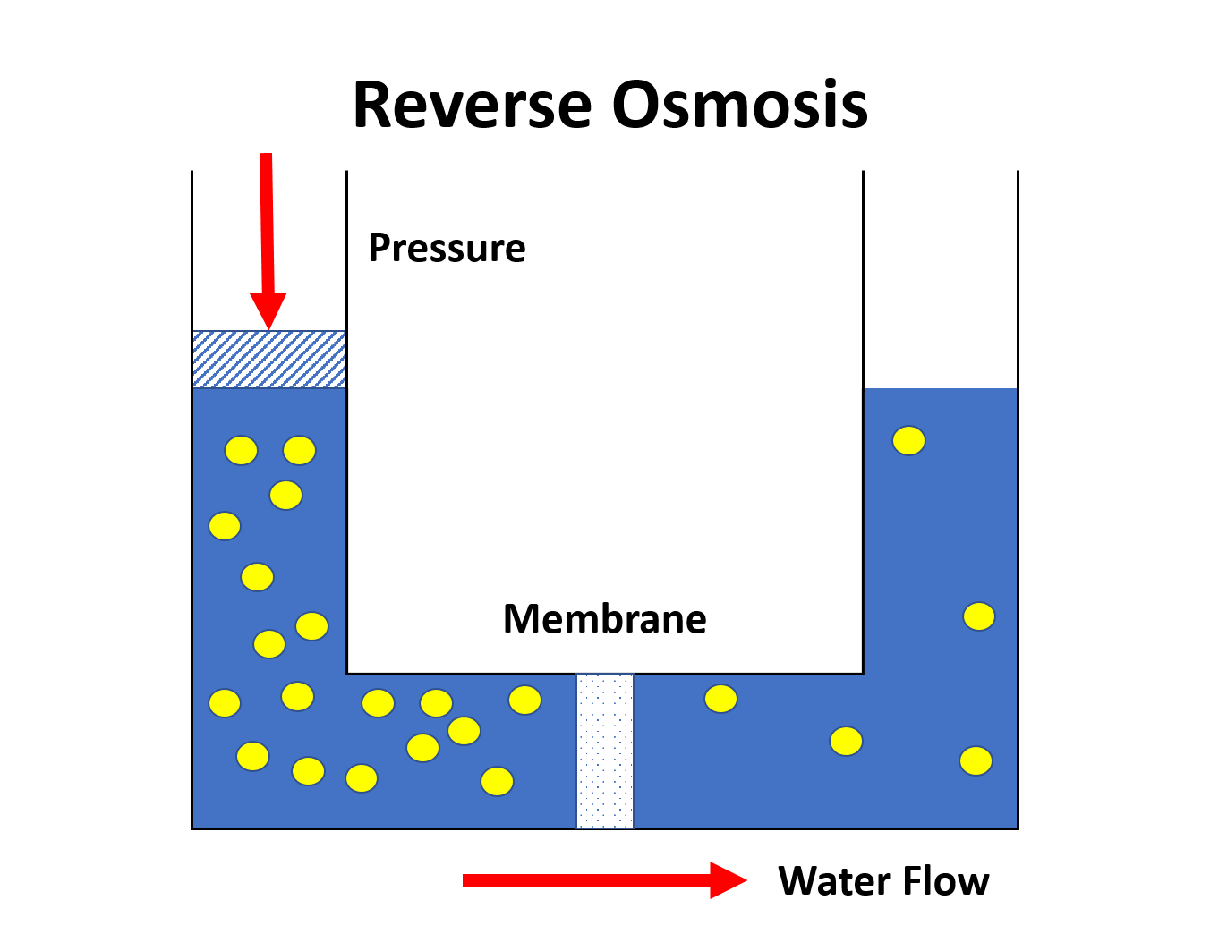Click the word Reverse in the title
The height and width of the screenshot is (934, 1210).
[473, 105]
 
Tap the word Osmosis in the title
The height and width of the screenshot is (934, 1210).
[740, 105]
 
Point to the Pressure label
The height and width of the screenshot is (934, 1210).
[447, 248]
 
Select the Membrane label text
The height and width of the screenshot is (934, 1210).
[605, 619]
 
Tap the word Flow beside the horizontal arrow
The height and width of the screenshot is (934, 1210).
[946, 881]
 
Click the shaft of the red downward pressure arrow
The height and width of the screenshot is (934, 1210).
[268, 223]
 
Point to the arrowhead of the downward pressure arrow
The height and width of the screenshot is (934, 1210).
[268, 310]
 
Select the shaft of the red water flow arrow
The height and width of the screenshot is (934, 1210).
[586, 880]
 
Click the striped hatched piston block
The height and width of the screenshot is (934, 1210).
[269, 360]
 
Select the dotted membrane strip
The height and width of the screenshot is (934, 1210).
[605, 751]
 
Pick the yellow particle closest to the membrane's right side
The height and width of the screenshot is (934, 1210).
[721, 699]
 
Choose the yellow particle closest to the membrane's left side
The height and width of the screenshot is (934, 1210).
[525, 700]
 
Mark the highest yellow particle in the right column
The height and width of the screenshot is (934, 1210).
[908, 441]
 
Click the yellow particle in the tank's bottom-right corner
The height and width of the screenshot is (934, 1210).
[976, 761]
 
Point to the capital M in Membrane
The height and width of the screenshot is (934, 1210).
[523, 619]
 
